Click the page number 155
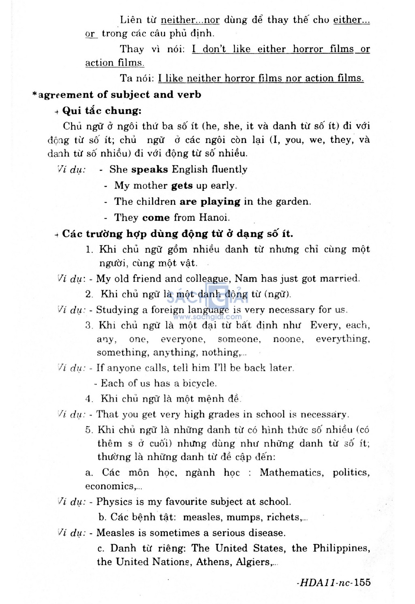362,583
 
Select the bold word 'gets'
182,186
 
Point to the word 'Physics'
114,502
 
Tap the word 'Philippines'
341,548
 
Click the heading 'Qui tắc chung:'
102,111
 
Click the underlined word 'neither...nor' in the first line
190,20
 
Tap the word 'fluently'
229,169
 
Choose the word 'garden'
294,201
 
